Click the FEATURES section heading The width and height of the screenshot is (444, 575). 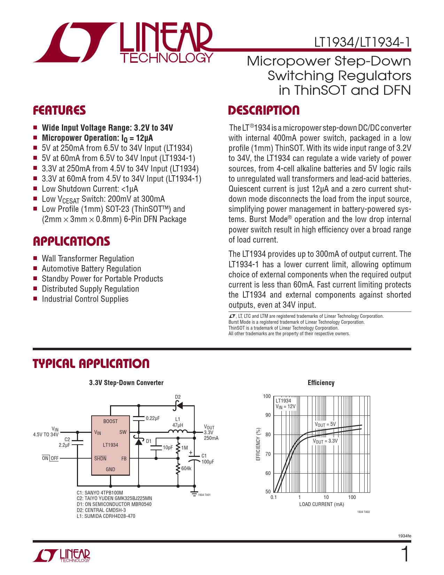[59, 110]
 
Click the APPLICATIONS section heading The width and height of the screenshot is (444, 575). [71, 242]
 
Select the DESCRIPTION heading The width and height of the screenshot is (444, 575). [264, 110]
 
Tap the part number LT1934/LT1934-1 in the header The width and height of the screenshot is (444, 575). [362, 43]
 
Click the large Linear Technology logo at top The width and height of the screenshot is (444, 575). [124, 43]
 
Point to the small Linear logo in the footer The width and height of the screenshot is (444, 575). [62, 555]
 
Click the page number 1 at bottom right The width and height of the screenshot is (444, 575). [405, 554]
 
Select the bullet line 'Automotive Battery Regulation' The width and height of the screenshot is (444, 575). [91, 269]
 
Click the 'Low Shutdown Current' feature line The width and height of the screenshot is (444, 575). [90, 189]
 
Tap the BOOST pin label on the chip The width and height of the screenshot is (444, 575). [110, 421]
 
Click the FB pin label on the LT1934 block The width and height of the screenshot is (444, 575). [124, 459]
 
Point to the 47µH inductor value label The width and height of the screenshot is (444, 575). [178, 425]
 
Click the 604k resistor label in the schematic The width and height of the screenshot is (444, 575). [186, 468]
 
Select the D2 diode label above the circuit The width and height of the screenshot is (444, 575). [178, 397]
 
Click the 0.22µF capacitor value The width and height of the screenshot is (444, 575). [153, 418]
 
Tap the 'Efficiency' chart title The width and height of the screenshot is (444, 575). [321, 383]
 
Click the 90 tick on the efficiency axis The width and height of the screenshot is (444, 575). [268, 415]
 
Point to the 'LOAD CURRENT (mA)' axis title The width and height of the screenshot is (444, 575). [321, 504]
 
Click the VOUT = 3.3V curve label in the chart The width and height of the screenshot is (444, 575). [325, 441]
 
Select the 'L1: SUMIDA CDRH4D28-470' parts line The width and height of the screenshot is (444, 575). [106, 516]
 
